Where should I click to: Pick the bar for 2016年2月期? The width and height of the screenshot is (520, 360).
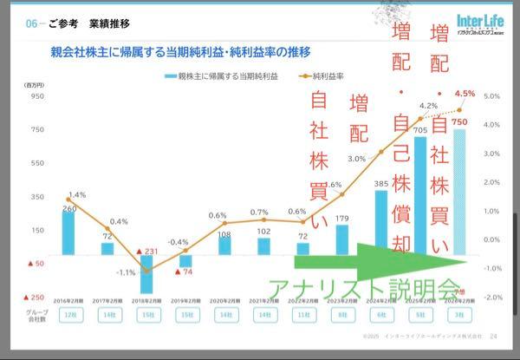pyautogui.click(x=68, y=233)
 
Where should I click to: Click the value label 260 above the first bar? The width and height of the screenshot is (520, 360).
pyautogui.click(x=68, y=208)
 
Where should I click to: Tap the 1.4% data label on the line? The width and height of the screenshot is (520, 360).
pyautogui.click(x=77, y=194)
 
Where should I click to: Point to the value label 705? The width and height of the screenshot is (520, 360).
pyautogui.click(x=419, y=131)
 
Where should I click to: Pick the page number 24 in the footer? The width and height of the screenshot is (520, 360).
pyautogui.click(x=493, y=337)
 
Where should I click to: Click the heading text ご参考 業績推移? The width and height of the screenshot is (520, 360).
pyautogui.click(x=82, y=23)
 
